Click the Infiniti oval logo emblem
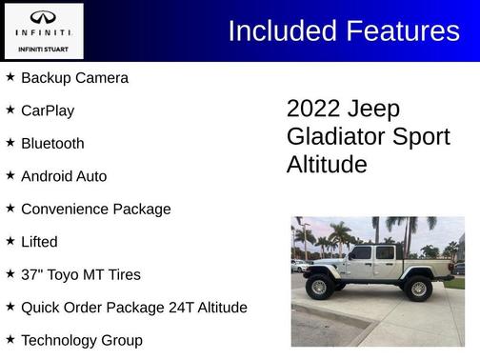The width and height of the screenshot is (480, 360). (43, 17)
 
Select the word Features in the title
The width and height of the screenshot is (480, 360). (401, 30)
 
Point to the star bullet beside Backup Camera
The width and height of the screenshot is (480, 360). (10, 76)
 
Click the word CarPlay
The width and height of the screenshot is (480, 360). (48, 110)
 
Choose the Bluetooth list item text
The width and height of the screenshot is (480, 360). (52, 143)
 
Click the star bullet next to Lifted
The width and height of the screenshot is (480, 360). (10, 241)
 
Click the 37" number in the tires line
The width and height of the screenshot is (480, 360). (32, 274)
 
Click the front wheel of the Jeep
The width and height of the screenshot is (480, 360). (319, 287)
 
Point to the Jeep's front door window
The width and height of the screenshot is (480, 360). (361, 253)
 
